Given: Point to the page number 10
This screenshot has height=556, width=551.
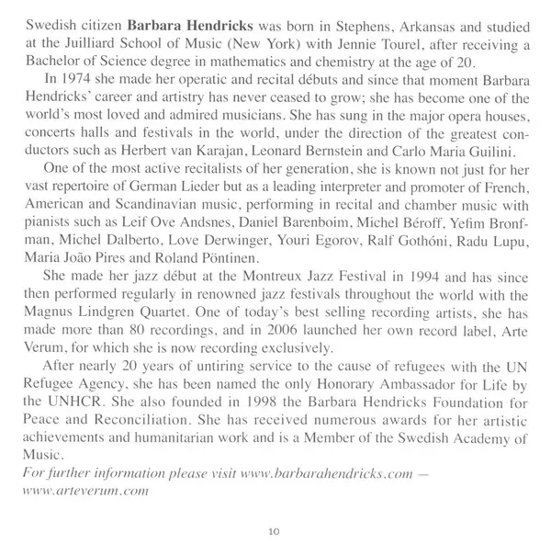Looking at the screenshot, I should pyautogui.click(x=275, y=530).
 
